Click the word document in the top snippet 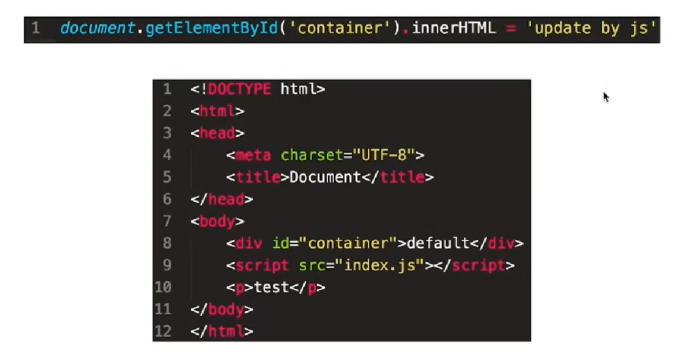(98, 28)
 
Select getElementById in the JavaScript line (211, 28)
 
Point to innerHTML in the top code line (453, 28)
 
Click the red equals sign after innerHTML (510, 28)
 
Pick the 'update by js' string (591, 28)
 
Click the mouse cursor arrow (606, 97)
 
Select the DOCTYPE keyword (239, 89)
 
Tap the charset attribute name (312, 155)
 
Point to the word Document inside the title (325, 177)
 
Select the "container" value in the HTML (348, 243)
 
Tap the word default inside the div (439, 243)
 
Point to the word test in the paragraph (271, 287)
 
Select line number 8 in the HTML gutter (167, 243)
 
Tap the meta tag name (254, 155)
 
